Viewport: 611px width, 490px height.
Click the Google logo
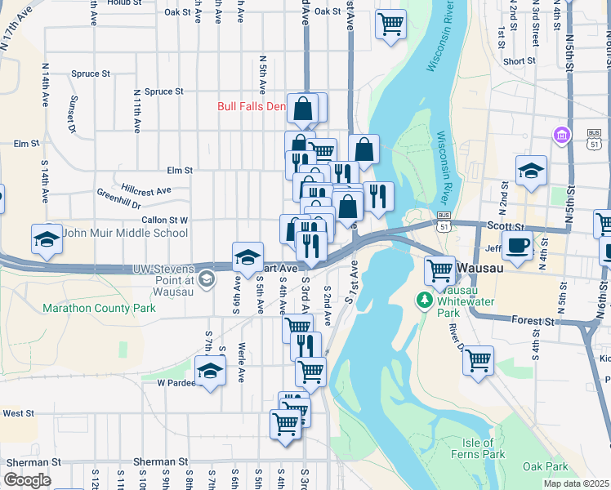(x=27, y=480)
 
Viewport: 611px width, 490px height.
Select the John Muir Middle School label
(x=125, y=233)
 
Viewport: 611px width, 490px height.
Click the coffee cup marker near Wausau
(x=516, y=244)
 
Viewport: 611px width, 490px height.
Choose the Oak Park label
(x=545, y=466)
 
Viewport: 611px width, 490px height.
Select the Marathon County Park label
(x=99, y=308)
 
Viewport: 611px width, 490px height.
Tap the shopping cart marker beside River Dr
(x=478, y=359)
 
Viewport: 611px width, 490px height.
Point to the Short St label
(x=520, y=61)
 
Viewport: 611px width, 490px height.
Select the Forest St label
(x=534, y=322)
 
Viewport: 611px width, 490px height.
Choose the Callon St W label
(x=165, y=220)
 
